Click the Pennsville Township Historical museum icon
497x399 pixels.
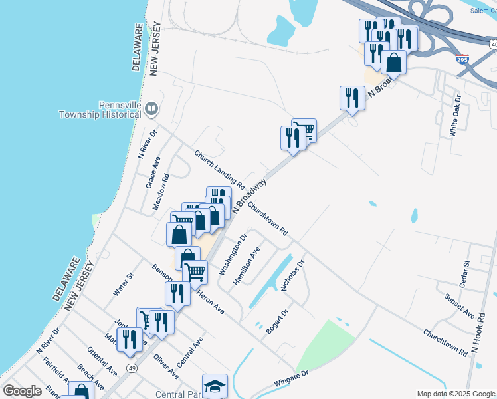click(152, 108)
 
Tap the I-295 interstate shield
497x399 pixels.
click(462, 59)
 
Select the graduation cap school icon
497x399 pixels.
click(215, 386)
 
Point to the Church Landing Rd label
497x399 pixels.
click(216, 168)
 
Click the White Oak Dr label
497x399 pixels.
click(456, 116)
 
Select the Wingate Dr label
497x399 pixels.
click(292, 382)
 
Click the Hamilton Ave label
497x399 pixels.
click(246, 266)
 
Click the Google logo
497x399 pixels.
click(22, 391)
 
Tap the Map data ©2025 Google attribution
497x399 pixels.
click(455, 394)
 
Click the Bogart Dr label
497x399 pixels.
click(276, 321)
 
